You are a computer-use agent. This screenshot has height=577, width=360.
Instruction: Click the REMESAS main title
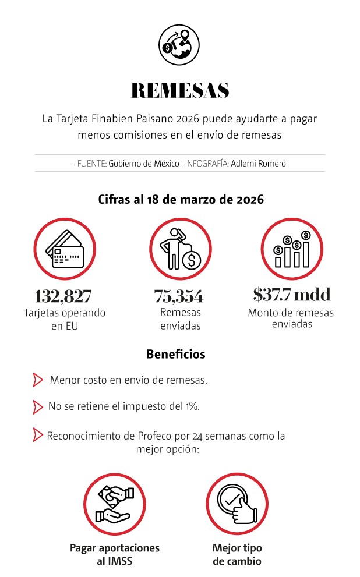(x=180, y=90)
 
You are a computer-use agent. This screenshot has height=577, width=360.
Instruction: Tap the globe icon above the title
(x=179, y=43)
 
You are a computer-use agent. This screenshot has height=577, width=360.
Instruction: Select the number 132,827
(x=63, y=296)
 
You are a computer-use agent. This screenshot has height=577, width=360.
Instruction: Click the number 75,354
(x=179, y=296)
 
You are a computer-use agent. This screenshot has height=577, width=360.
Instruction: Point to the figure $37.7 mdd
(x=291, y=295)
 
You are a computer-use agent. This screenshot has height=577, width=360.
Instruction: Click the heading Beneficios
(x=176, y=354)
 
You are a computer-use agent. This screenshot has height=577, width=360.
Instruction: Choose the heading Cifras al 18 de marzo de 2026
(x=181, y=200)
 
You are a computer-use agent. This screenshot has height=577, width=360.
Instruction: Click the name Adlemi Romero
(x=258, y=164)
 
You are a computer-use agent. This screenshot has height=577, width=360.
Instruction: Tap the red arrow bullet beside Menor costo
(x=38, y=380)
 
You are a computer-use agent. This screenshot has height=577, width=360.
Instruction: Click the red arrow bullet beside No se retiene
(x=38, y=406)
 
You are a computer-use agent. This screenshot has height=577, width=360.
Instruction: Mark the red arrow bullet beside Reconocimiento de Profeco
(x=38, y=435)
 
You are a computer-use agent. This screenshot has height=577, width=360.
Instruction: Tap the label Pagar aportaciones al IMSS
(x=115, y=555)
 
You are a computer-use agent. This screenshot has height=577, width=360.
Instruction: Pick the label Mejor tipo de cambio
(x=237, y=555)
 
